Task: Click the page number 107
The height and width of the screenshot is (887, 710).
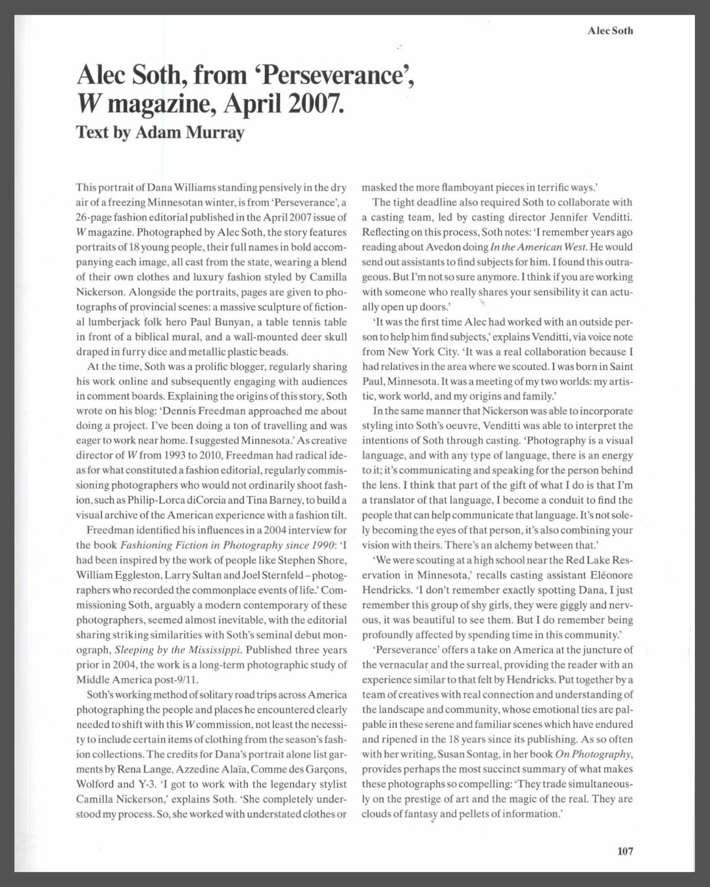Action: tap(625, 851)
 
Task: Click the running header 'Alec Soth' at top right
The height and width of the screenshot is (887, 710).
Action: tap(610, 30)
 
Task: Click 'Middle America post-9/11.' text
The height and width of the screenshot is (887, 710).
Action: tap(137, 679)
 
